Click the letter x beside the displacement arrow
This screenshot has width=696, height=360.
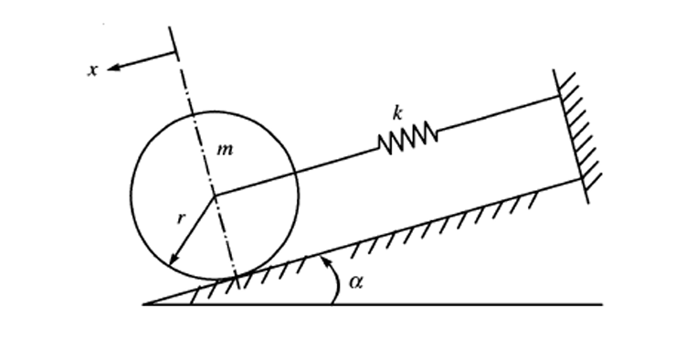click(92, 69)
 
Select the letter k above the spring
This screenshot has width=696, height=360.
click(397, 113)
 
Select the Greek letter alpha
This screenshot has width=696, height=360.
click(357, 282)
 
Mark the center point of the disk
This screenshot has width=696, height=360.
click(214, 195)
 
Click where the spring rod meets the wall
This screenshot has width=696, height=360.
click(557, 96)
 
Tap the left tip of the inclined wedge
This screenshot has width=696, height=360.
click(145, 303)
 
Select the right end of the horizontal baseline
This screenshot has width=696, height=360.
click(602, 303)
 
